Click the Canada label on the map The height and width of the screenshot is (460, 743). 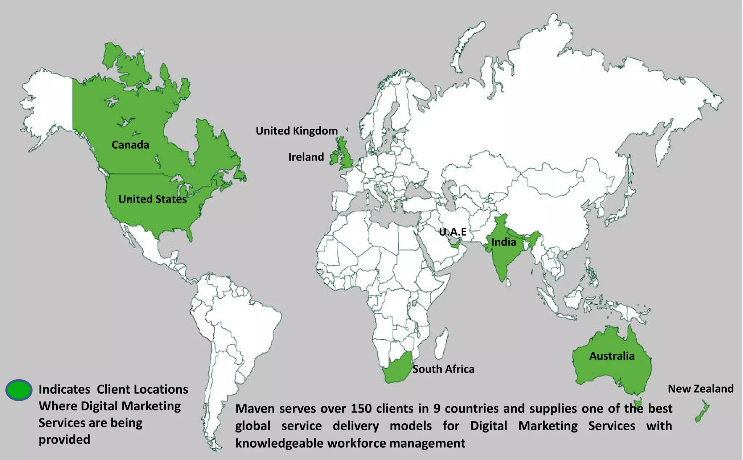[130, 145]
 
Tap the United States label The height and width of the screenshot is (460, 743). [152, 199]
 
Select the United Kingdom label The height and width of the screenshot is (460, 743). [296, 131]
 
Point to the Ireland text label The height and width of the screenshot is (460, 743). [306, 157]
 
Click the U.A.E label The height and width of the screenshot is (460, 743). [452, 232]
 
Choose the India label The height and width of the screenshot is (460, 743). [503, 242]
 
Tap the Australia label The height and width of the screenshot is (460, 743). [612, 356]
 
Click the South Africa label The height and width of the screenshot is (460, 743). [443, 369]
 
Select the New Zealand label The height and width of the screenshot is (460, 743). [701, 389]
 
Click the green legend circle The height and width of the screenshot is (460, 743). [19, 390]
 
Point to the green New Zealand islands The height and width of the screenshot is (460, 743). [703, 411]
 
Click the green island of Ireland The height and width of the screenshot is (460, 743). [334, 159]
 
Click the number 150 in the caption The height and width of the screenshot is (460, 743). [361, 409]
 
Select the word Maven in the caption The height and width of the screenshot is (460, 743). [255, 409]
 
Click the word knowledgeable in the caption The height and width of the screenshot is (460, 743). [279, 443]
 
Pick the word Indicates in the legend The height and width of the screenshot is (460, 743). [64, 389]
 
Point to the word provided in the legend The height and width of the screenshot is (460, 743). [64, 439]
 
